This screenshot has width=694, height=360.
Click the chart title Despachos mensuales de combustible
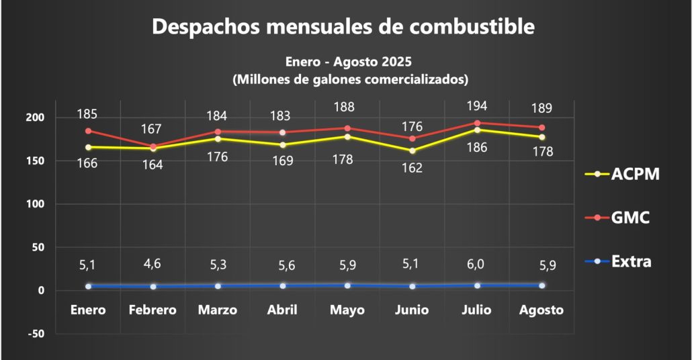click(343, 27)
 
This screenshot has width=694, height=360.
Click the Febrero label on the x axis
click(153, 310)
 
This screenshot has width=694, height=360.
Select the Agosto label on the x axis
click(541, 310)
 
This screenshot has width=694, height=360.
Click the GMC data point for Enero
click(89, 131)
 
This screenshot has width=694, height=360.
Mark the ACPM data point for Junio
click(413, 150)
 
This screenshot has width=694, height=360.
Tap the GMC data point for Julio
click(477, 123)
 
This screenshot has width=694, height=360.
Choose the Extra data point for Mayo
click(347, 285)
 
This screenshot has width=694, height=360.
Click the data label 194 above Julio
click(477, 106)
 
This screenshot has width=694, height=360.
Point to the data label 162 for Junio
click(412, 168)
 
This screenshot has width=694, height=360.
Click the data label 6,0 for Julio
click(477, 264)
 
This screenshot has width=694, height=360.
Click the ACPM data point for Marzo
click(218, 138)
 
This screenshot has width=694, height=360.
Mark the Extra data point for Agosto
click(541, 285)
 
